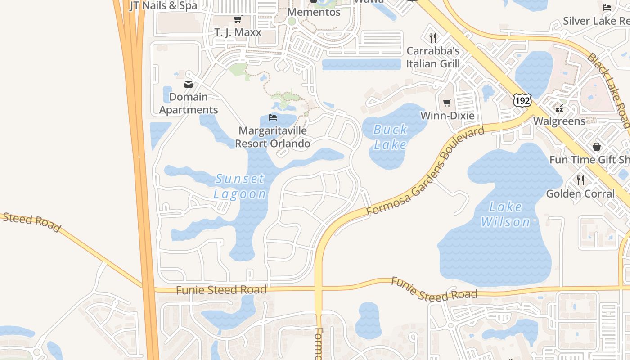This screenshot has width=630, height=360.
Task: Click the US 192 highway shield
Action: click(x=522, y=100)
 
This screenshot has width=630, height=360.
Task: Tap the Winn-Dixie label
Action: click(x=447, y=116)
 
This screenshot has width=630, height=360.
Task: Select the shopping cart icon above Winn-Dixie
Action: click(x=447, y=103)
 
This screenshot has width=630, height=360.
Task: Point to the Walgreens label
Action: click(x=559, y=121)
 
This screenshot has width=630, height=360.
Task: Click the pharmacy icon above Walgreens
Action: click(x=559, y=108)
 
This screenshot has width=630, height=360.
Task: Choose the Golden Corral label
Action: click(x=580, y=194)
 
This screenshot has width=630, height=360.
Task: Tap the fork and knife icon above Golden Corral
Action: click(x=580, y=180)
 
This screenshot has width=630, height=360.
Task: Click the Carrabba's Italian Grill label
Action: click(x=433, y=57)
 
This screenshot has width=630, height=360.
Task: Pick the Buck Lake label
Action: click(x=390, y=137)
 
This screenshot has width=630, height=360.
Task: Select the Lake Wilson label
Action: click(x=506, y=214)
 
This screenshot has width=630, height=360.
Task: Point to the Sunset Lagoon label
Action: click(x=240, y=186)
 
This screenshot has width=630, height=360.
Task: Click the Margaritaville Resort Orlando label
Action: click(x=273, y=137)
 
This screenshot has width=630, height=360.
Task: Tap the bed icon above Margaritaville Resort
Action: click(x=273, y=117)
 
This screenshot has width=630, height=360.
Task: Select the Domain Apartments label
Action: click(x=189, y=103)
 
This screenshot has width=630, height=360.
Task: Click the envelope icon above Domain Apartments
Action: click(x=189, y=84)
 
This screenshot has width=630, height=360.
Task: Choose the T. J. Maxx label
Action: click(x=238, y=32)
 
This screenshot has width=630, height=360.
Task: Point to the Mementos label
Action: click(x=314, y=12)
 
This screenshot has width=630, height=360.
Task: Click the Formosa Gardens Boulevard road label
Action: click(x=425, y=171)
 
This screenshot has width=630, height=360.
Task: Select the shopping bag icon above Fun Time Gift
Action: click(x=597, y=147)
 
